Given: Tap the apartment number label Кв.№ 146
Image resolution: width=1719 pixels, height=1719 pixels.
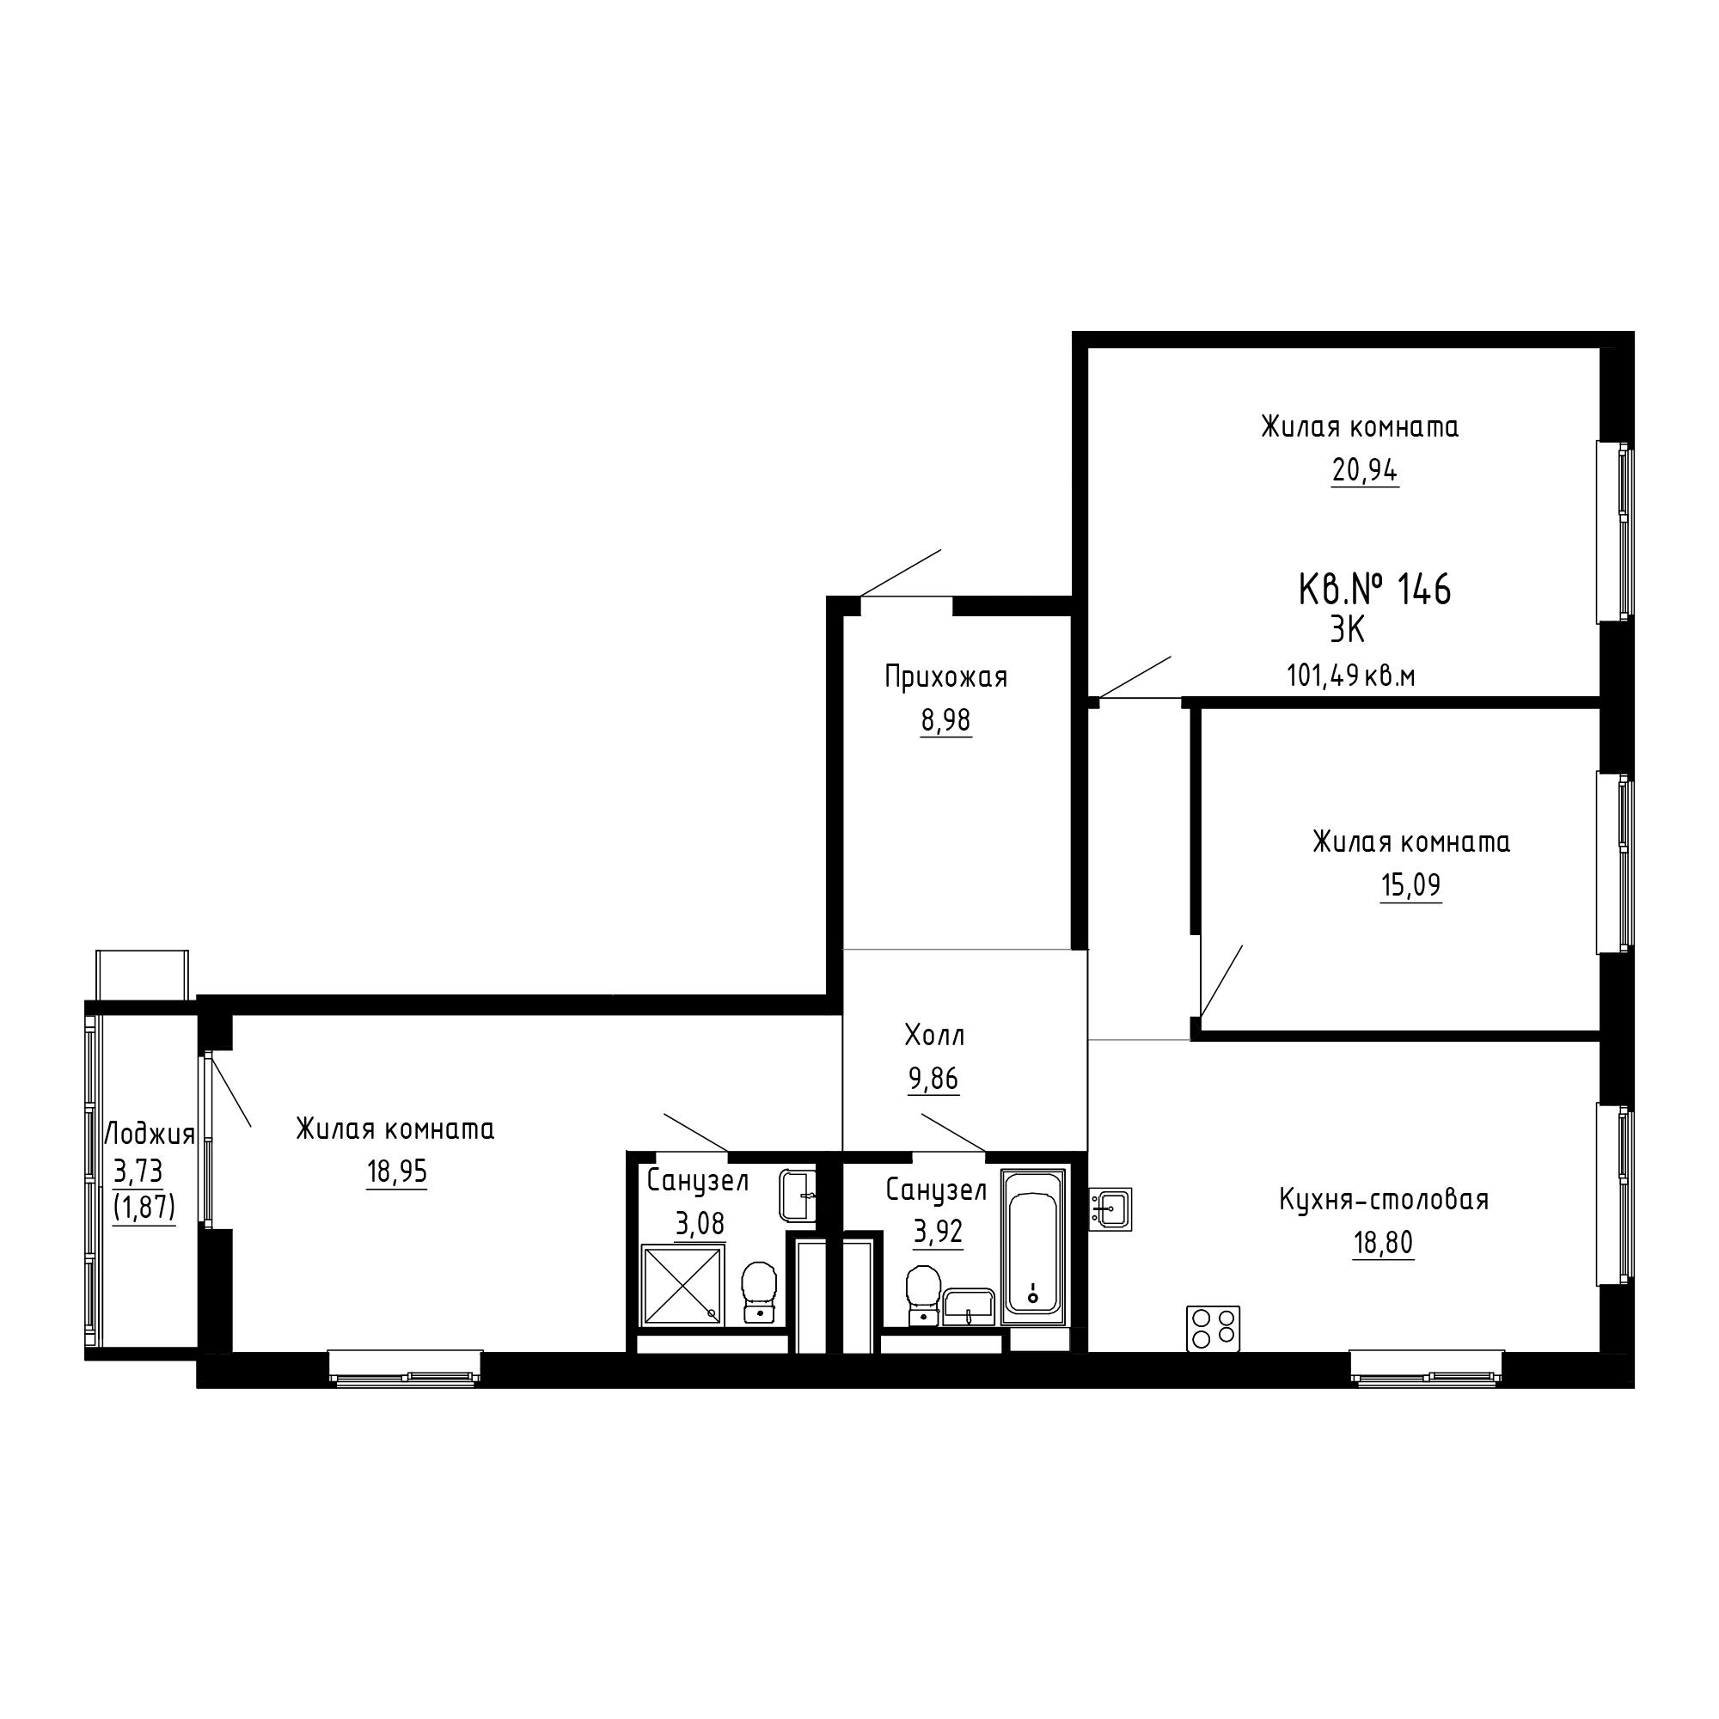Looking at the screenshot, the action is click(x=1374, y=589).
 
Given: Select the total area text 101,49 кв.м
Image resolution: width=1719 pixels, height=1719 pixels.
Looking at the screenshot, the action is click(x=1350, y=676).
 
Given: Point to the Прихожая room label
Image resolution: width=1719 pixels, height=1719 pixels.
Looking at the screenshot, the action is click(x=945, y=678).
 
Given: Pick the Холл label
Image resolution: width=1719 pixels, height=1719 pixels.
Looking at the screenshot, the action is click(x=934, y=1035).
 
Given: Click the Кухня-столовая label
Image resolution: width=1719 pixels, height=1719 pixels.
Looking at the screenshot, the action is click(x=1384, y=1199).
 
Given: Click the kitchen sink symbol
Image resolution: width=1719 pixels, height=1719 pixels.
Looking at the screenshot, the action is click(x=1110, y=1208).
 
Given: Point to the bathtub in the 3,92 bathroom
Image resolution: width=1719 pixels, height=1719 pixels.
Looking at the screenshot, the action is click(x=1033, y=1246).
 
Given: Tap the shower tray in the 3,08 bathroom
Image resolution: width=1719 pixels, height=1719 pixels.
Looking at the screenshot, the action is click(x=682, y=1286).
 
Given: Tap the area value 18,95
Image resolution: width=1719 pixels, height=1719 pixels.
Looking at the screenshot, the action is click(x=397, y=1171).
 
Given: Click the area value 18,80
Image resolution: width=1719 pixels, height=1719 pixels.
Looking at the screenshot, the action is click(x=1383, y=1242).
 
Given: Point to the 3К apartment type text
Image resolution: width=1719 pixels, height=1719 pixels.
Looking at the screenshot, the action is click(x=1347, y=631).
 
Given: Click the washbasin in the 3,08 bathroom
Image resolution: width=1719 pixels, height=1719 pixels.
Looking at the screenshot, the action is click(x=798, y=1195).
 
